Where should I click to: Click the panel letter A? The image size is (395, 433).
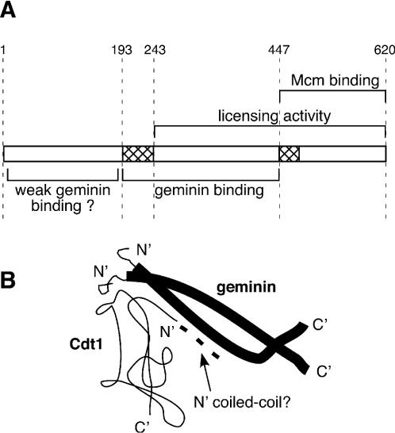pyautogui.click(x=7, y=10)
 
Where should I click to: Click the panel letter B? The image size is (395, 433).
pyautogui.click(x=7, y=280)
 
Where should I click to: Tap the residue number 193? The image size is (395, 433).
pyautogui.click(x=121, y=50)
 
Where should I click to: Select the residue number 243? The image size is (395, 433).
pyautogui.click(x=155, y=50)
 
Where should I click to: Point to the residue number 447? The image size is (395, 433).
pyautogui.click(x=279, y=50)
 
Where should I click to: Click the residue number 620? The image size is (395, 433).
pyautogui.click(x=385, y=50)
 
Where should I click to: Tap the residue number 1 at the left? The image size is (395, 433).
pyautogui.click(x=2, y=50)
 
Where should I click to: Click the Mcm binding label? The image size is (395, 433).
pyautogui.click(x=335, y=81)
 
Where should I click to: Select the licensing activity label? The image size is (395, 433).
pyautogui.click(x=274, y=116)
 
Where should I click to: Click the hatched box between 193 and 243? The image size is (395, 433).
pyautogui.click(x=138, y=154)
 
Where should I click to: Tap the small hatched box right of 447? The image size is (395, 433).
pyautogui.click(x=290, y=154)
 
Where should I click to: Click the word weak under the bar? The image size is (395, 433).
pyautogui.click(x=33, y=190)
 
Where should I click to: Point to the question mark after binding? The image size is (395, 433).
pyautogui.click(x=90, y=205)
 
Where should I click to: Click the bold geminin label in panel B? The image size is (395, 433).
pyautogui.click(x=247, y=288)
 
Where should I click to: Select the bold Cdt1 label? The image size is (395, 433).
pyautogui.click(x=86, y=344)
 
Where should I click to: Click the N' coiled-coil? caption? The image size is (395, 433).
pyautogui.click(x=242, y=402)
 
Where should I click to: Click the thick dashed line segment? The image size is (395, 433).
pyautogui.click(x=200, y=343)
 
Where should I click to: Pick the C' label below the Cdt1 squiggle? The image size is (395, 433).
pyautogui.click(x=142, y=427)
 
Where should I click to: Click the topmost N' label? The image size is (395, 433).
pyautogui.click(x=144, y=250)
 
